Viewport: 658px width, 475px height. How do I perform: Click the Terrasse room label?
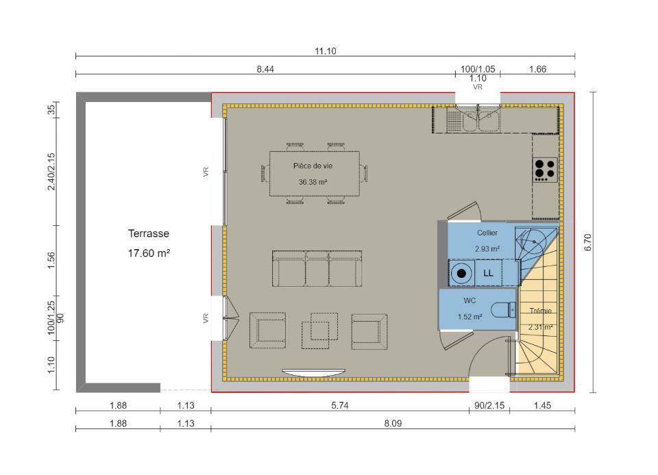(149, 233)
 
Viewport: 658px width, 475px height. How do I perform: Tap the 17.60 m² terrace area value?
(149, 253)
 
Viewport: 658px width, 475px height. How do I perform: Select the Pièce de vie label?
(313, 166)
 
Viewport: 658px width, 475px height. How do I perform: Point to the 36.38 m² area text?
(313, 182)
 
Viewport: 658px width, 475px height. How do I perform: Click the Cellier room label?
(487, 233)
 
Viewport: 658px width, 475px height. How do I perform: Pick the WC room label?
(470, 300)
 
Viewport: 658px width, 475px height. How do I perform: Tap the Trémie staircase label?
(540, 311)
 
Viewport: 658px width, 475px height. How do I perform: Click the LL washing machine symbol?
(488, 273)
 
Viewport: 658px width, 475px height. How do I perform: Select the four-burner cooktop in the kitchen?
(545, 169)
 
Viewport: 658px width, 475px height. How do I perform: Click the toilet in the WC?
(504, 310)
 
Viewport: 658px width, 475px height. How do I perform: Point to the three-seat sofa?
(317, 268)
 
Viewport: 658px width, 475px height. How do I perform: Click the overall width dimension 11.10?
(325, 51)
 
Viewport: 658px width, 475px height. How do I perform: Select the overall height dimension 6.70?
(587, 242)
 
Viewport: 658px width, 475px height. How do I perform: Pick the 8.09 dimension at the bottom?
(393, 424)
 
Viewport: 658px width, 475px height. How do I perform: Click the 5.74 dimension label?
(339, 405)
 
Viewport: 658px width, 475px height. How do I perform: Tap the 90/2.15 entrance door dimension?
(489, 405)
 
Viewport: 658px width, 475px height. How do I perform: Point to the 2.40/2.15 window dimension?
(51, 171)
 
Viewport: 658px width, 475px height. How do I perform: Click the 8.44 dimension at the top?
(265, 69)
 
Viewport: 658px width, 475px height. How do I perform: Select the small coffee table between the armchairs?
(319, 331)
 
